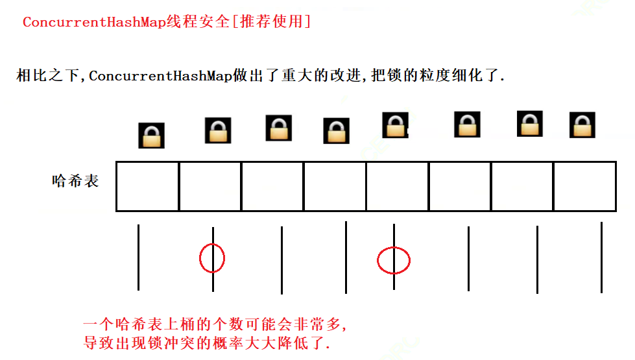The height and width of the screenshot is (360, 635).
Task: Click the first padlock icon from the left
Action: (151, 136)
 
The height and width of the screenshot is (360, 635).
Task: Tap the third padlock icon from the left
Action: (278, 128)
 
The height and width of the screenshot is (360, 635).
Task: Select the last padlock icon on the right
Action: (582, 125)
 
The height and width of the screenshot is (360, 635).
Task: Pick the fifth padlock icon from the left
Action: (394, 125)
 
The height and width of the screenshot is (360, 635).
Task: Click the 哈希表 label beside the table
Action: (75, 181)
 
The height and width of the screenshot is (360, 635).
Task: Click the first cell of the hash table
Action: (147, 186)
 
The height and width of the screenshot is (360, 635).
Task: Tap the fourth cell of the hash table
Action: (335, 186)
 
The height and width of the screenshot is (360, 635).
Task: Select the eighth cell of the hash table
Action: (584, 186)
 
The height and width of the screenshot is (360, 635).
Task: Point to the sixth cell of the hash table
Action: (459, 186)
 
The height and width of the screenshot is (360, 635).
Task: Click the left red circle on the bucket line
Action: (212, 258)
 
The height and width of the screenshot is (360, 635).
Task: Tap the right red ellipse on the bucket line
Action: (394, 260)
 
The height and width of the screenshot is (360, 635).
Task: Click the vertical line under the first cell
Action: (138, 258)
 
